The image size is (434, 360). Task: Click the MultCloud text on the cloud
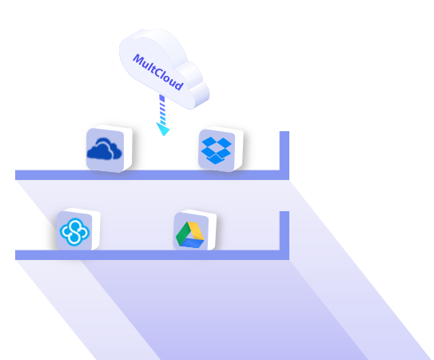tap(158, 72)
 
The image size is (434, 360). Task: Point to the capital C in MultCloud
tap(158, 72)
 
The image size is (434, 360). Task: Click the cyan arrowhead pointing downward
tap(163, 129)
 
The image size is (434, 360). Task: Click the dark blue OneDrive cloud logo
tap(104, 149)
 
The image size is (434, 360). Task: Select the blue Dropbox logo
tap(216, 150)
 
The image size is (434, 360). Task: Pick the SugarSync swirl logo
tap(74, 232)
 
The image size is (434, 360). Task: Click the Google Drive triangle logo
tap(190, 234)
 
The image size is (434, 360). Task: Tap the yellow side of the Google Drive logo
tap(197, 231)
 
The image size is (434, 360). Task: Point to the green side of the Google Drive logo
tap(182, 234)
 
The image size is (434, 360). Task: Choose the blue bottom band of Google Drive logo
tap(193, 243)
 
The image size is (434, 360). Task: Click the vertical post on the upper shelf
tap(285, 151)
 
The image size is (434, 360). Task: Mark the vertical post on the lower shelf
tap(285, 231)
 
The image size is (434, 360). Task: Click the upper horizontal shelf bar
tap(152, 175)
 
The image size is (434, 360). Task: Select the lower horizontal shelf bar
tap(152, 255)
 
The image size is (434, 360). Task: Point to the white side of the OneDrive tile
tap(128, 149)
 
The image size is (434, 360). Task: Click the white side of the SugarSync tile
tap(96, 230)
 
